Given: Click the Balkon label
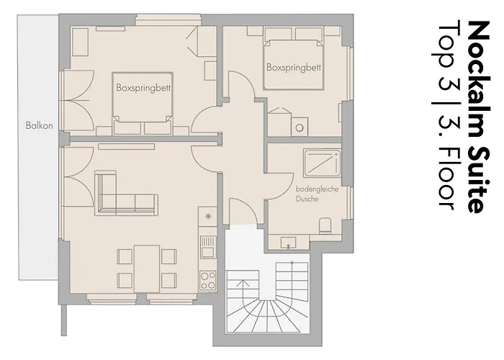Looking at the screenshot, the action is coord(39,125).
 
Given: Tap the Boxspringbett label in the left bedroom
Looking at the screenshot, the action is coord(143,88).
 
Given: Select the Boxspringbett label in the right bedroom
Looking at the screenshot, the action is coord(294,68).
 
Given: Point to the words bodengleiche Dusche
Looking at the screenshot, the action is coord(317,194).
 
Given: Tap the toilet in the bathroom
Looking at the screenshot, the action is coord(325,225).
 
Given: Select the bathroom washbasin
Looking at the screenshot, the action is coord(288,243).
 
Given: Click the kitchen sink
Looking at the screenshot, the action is coord(208,246).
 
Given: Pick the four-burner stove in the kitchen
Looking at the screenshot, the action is coord(208,281).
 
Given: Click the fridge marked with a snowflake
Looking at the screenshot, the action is coord(208,216).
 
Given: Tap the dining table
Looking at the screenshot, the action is coord(147,269).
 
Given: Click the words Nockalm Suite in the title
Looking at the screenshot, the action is coord(479,117).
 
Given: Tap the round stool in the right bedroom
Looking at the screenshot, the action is coord(300,128).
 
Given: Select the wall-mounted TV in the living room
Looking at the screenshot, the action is coord(126,147).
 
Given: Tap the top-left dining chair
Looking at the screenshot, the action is coord(125,256).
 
